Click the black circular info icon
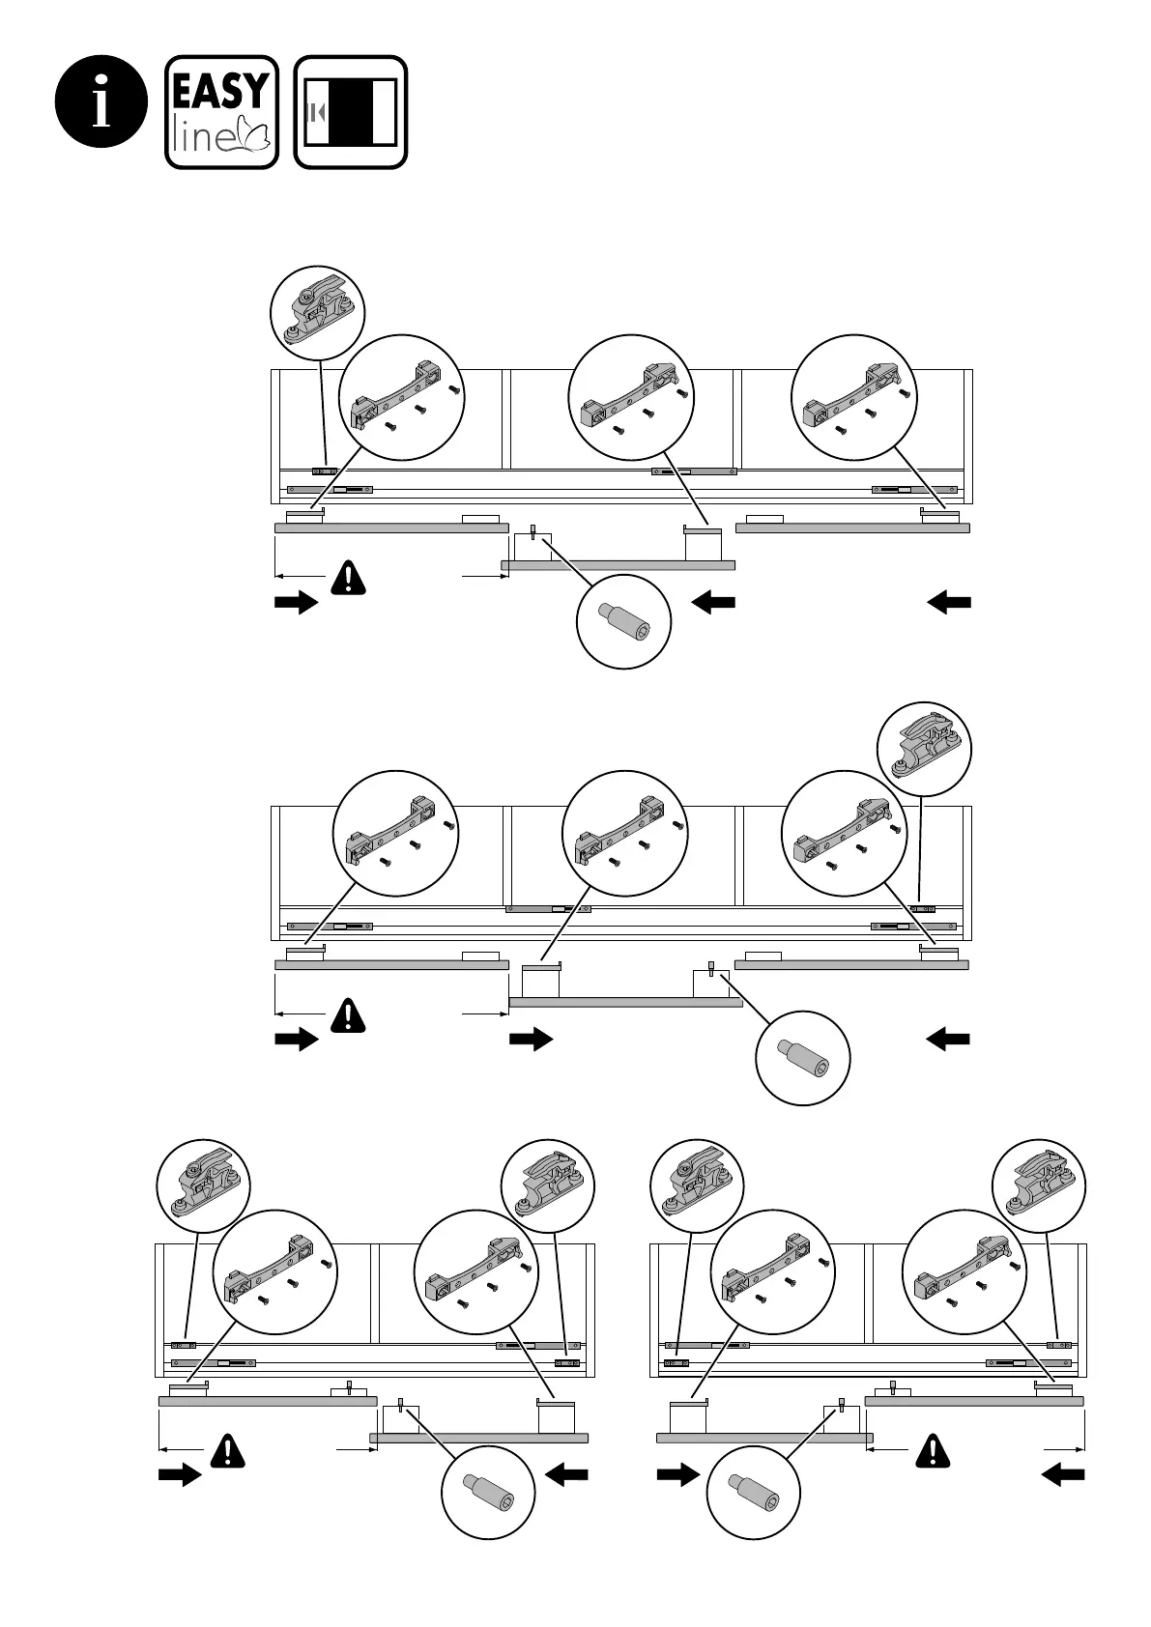(102, 102)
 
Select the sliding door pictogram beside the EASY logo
(351, 112)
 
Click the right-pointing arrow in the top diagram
(296, 603)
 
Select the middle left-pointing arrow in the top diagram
(714, 603)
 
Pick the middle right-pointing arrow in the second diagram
(531, 1040)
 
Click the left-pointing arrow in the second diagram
(949, 1040)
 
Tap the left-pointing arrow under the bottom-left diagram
(567, 1475)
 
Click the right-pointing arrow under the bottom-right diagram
(677, 1475)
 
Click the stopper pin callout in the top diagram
(623, 621)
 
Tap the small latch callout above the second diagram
(924, 750)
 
